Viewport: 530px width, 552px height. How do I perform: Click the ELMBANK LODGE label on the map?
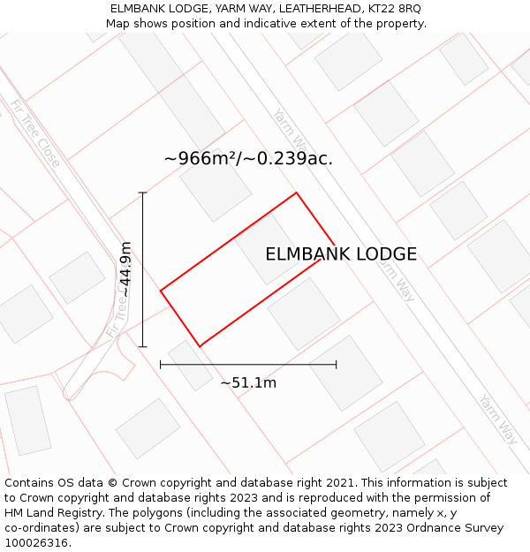click(341, 254)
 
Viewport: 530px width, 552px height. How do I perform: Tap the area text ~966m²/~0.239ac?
click(248, 159)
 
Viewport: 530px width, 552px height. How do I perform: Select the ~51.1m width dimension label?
click(248, 382)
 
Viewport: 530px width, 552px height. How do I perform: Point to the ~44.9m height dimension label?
click(126, 268)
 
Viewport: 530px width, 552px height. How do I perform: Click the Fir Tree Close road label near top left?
click(36, 133)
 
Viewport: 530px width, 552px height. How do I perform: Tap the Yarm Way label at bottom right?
click(497, 419)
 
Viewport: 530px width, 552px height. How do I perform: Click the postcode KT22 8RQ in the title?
click(397, 9)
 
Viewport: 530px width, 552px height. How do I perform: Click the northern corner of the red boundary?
click(296, 193)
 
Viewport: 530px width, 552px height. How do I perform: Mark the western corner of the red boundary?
click(160, 290)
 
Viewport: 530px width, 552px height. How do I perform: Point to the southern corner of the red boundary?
click(201, 346)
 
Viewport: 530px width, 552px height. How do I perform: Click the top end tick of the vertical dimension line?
click(143, 193)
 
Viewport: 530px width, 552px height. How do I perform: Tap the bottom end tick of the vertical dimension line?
click(143, 347)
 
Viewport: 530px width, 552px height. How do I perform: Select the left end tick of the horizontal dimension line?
click(160, 364)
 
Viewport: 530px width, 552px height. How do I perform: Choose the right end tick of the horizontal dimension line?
click(337, 364)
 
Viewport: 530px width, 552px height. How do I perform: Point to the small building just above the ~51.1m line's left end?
click(190, 365)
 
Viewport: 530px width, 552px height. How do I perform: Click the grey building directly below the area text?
click(216, 189)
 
